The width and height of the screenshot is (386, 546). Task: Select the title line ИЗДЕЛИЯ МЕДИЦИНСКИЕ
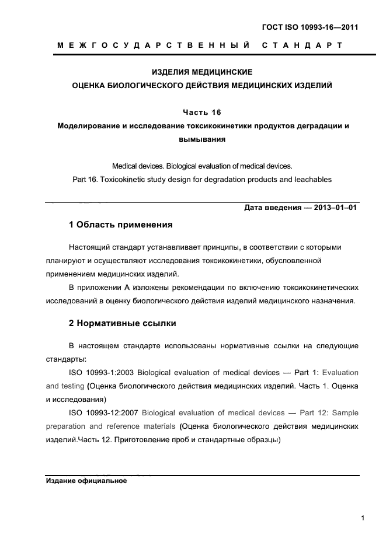pos(201,72)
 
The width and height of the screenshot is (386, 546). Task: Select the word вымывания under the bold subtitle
pos(201,139)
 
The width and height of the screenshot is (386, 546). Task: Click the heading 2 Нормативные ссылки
pos(123,323)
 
